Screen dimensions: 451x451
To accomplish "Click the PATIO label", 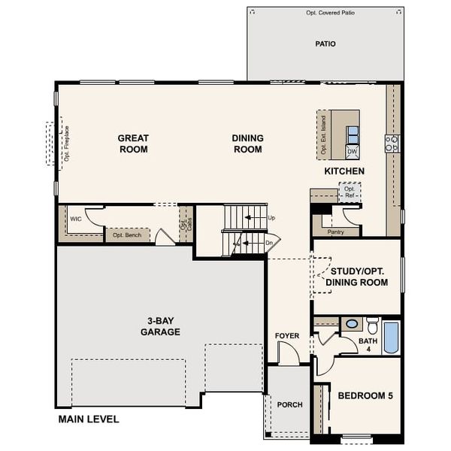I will pos(325,44).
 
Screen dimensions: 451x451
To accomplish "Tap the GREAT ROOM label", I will pos(133,144).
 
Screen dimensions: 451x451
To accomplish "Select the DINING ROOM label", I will pos(247,144).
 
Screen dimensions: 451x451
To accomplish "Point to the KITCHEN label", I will pos(344,171).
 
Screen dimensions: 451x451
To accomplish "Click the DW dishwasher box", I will pos(352,152).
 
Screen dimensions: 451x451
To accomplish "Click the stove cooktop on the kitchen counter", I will pos(392,144).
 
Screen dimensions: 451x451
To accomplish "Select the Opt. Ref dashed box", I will pos(349,192).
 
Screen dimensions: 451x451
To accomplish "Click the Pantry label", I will pos(335,232).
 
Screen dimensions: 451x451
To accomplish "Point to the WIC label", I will pos(76,219).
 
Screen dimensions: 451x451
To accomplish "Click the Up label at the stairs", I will pos(272,218).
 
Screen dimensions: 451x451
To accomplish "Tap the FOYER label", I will pos(287,336).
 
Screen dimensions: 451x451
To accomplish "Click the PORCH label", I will pos(289,404).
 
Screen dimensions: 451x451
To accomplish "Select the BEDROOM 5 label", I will pos(365,395).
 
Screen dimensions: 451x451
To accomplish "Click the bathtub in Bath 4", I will pos(391,337).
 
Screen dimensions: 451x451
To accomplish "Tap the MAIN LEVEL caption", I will pos(89,419).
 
